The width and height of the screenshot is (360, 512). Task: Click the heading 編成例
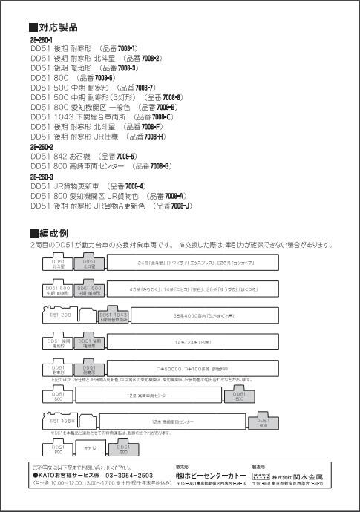53,234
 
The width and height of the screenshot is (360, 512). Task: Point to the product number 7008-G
158,166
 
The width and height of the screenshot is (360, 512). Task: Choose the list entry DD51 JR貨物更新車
67,186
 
